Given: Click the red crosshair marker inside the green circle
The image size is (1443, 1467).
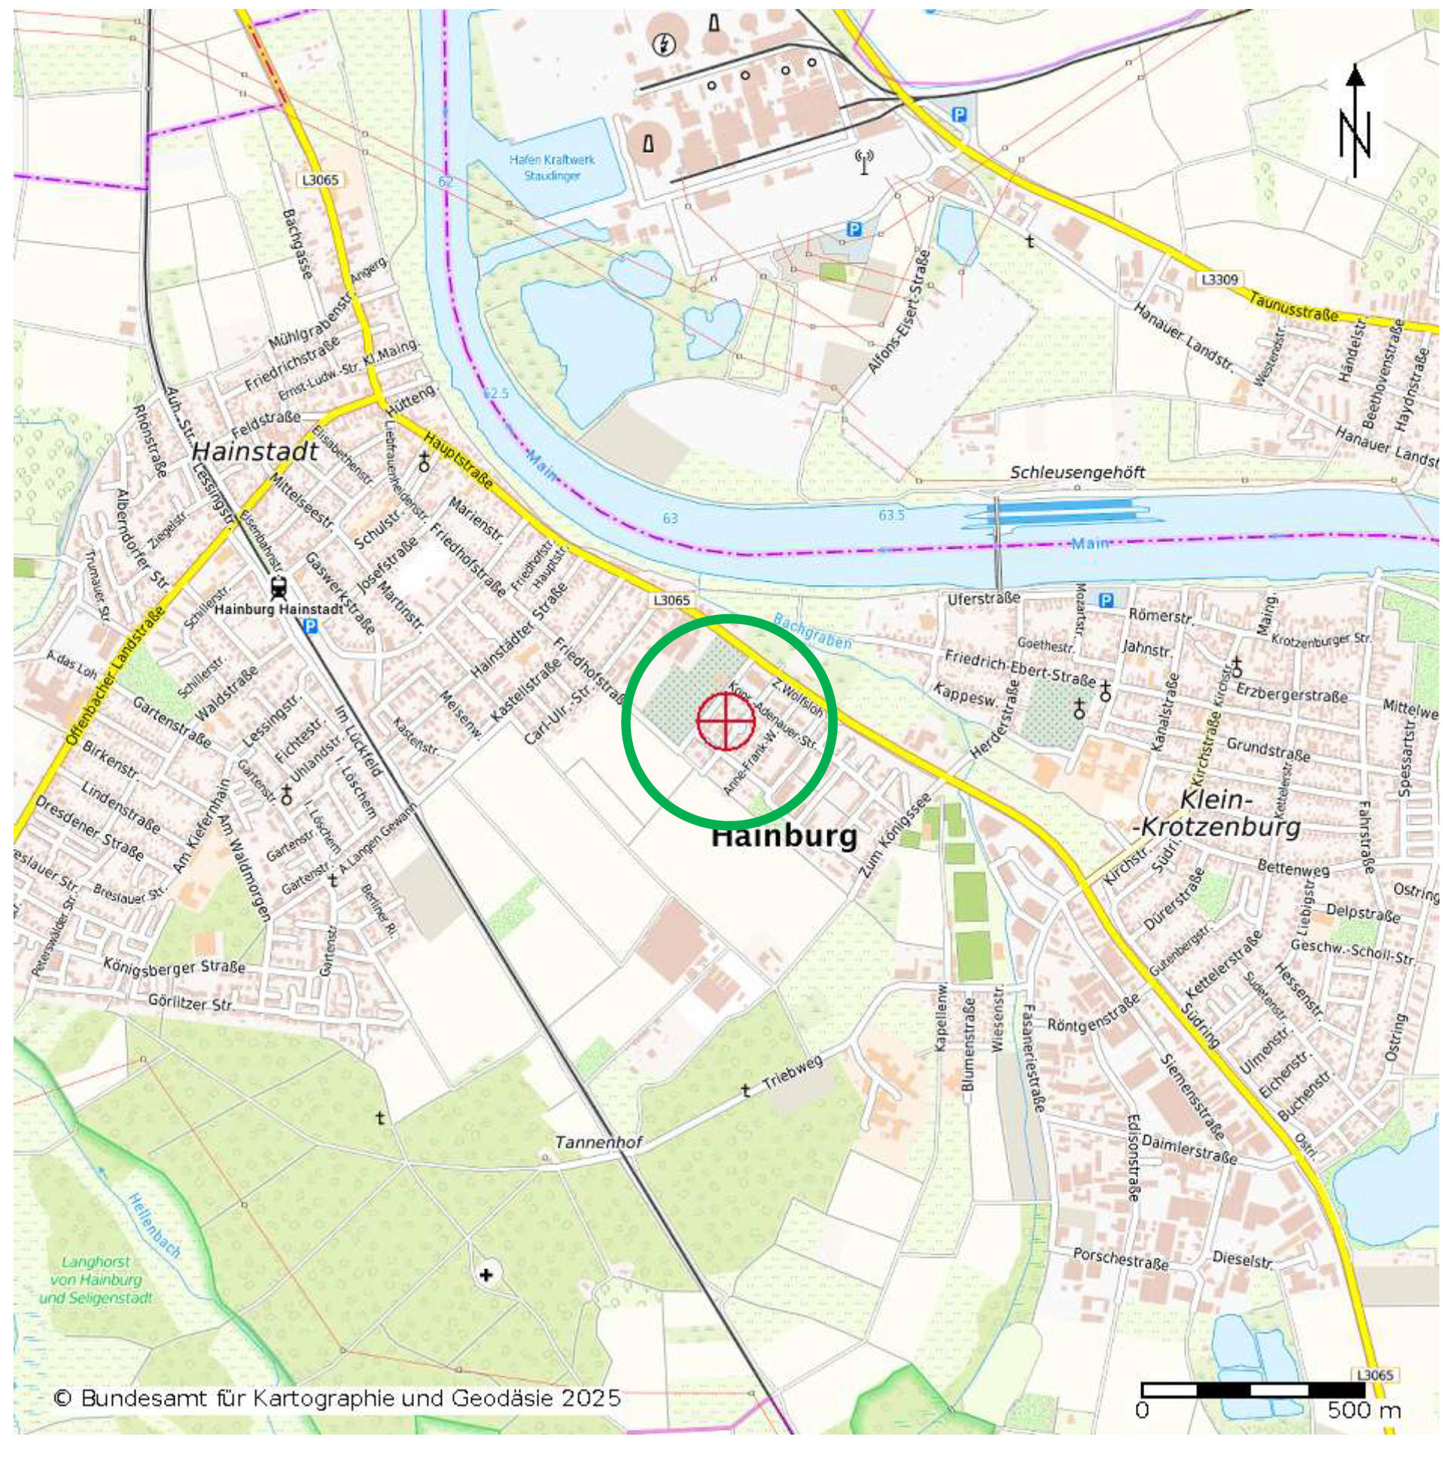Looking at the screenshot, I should [726, 720].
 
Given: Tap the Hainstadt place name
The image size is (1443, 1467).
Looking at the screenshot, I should [254, 452].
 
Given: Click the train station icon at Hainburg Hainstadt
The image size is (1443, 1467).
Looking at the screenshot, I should [279, 587].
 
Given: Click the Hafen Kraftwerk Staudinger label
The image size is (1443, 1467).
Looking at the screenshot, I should [552, 167].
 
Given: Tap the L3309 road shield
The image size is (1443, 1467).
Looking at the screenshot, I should [1219, 279].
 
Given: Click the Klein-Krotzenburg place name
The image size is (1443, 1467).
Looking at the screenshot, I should [1216, 813].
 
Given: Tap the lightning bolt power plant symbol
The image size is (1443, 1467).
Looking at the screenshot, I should [664, 44].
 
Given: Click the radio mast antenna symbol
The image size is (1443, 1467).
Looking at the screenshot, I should [864, 161].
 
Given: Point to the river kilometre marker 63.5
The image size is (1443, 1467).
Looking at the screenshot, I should [891, 516].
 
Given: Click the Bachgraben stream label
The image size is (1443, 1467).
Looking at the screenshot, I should [811, 632].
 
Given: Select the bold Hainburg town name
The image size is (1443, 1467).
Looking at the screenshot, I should [784, 836].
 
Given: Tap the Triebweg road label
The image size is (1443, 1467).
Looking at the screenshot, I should [792, 1074].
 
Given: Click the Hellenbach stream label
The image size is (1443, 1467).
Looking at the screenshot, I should [154, 1225].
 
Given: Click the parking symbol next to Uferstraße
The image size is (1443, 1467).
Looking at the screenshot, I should [1106, 601].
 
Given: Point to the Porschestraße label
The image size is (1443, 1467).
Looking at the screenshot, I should [1120, 1259].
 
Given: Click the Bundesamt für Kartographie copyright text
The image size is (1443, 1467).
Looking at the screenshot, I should [337, 1398].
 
